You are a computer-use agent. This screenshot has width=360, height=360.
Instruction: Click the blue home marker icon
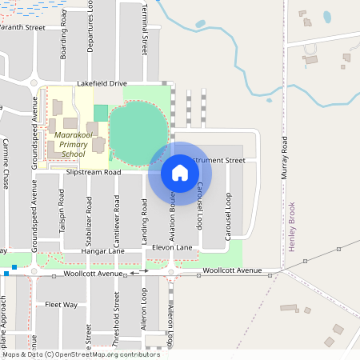(x=179, y=172)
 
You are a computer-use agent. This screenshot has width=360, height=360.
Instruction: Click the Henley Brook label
(x=292, y=226)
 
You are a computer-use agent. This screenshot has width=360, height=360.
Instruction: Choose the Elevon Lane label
(x=172, y=248)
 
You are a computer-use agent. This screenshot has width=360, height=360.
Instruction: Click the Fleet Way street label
(x=61, y=305)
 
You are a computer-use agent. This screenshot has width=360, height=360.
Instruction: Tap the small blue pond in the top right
(x=326, y=16)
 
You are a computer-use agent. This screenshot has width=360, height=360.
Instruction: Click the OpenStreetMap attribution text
(x=82, y=354)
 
